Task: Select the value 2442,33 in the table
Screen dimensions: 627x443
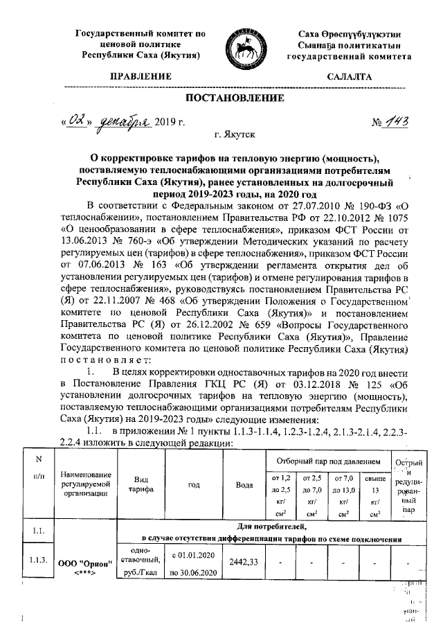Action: pyautogui.click(x=243, y=561)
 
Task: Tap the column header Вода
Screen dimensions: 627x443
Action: pyautogui.click(x=243, y=485)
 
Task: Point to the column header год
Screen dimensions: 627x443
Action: pyautogui.click(x=194, y=485)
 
